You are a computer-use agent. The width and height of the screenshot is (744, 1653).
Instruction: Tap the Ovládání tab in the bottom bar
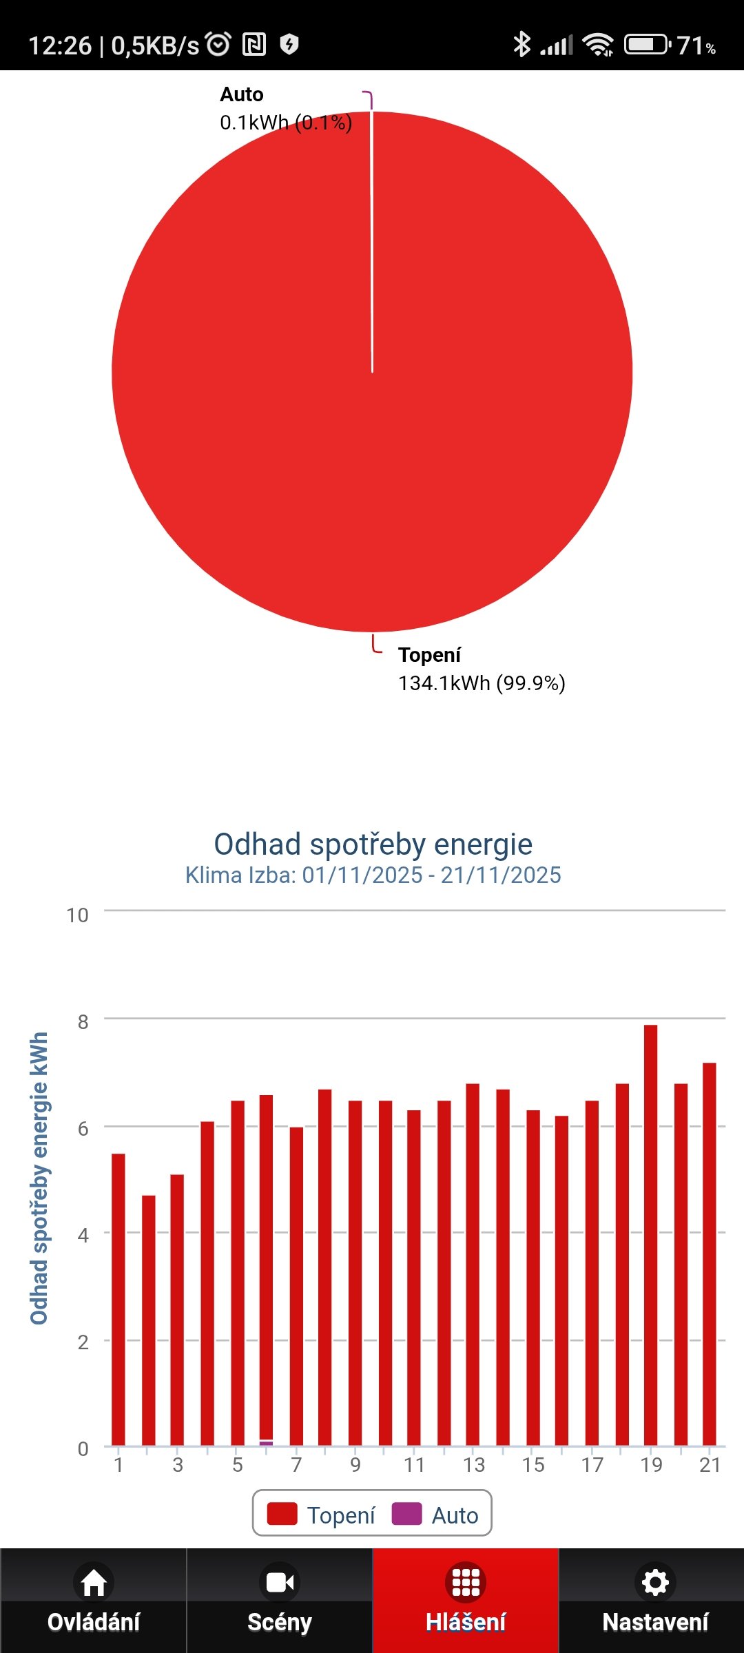coord(94,1601)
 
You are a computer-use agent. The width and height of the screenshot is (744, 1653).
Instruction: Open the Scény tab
coord(280,1601)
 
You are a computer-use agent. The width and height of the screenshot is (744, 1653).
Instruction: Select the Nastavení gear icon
coord(654,1583)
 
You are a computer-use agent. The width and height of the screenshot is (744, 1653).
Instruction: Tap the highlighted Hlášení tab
coord(466,1601)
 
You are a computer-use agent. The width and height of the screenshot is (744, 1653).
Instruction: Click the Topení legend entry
coord(322,1515)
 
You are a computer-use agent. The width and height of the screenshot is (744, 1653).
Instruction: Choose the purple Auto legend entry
coord(435,1515)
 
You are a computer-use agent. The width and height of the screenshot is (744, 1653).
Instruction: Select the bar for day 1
coord(118,1302)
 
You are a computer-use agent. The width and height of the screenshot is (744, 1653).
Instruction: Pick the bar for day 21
coord(710,1254)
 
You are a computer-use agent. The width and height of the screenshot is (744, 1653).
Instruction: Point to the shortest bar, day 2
coord(149,1322)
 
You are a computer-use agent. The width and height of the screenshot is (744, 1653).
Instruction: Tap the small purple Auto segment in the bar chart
coord(266,1442)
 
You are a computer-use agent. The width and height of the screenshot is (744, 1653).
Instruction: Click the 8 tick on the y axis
coord(83,1022)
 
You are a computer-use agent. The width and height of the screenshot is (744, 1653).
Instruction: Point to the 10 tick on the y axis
coord(77,915)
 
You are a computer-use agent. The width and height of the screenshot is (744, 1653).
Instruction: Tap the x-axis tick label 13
coord(474,1465)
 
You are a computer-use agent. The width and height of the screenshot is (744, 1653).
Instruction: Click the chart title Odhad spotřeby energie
coord(373,844)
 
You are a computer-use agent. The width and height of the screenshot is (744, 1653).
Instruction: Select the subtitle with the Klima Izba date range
coord(373,875)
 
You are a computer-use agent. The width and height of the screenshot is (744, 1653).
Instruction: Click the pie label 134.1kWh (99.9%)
coord(482,683)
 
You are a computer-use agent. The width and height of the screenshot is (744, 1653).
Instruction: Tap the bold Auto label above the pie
coord(242,94)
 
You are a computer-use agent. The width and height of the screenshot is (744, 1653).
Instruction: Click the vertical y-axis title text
coord(39,1178)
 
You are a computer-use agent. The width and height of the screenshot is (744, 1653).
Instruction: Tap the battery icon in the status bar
coord(646,45)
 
